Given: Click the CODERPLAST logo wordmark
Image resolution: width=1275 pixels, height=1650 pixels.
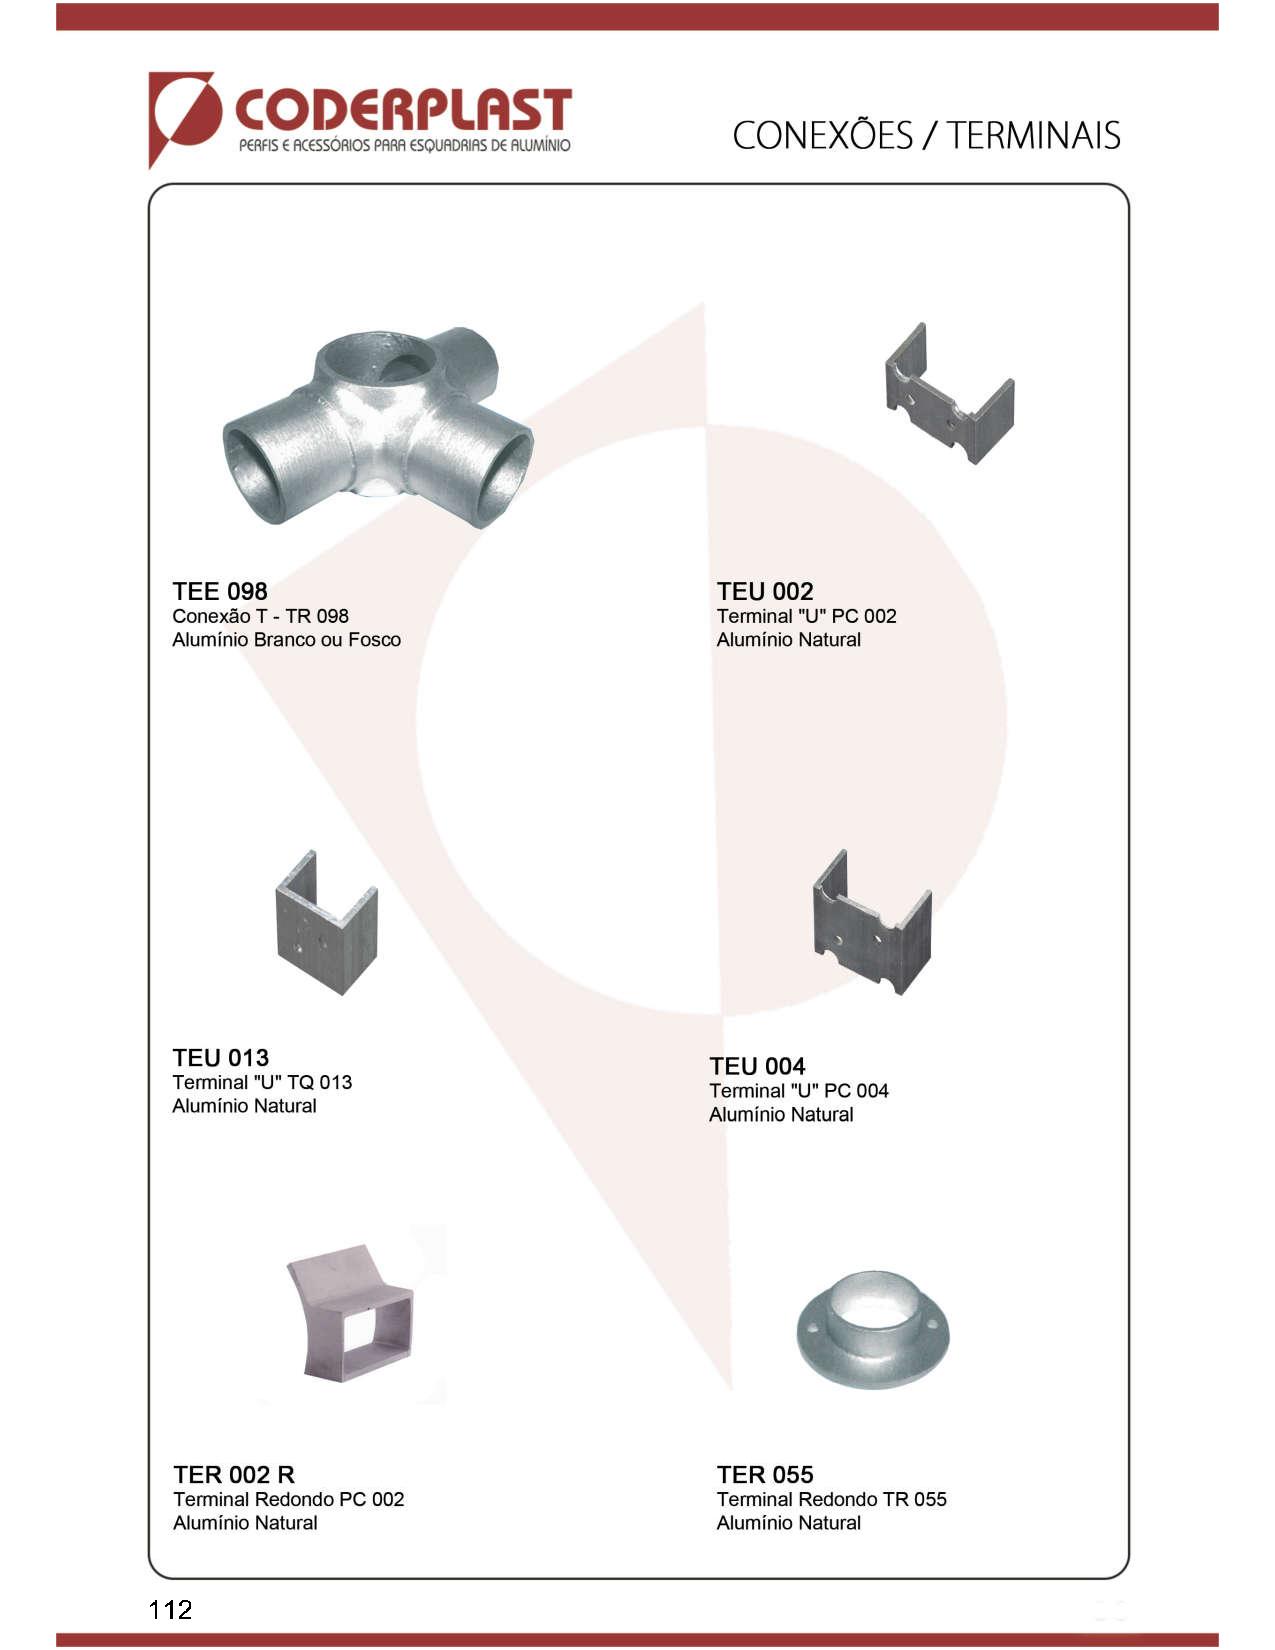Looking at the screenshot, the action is click(403, 111).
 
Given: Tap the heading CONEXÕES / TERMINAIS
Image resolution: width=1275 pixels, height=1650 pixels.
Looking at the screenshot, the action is click(926, 136).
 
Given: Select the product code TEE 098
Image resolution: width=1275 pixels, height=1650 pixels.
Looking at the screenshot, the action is click(219, 591).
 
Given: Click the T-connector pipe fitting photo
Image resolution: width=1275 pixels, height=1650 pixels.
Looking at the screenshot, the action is click(378, 427).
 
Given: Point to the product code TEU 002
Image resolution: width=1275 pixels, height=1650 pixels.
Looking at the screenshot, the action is click(765, 591).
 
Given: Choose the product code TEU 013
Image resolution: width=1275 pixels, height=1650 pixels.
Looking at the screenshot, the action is click(220, 1057).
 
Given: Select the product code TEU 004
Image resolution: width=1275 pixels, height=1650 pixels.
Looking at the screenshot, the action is click(757, 1065).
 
